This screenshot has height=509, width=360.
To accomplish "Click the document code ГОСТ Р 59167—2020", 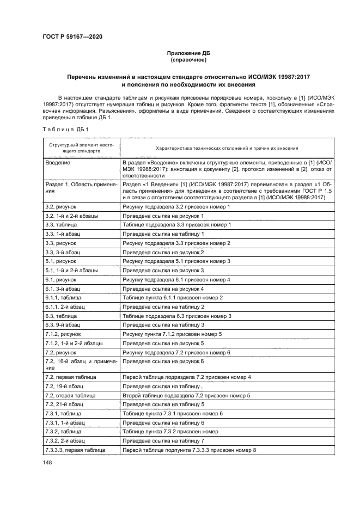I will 72,36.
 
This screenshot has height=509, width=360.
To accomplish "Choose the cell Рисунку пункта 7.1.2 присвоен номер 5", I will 172,334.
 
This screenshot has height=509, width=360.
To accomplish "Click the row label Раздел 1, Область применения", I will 81,188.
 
